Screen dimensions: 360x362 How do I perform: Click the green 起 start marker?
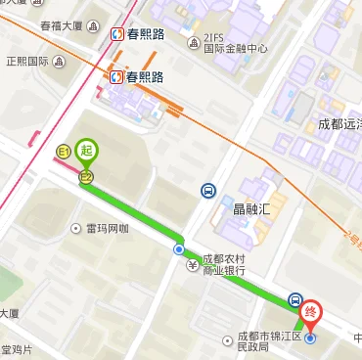[88, 151]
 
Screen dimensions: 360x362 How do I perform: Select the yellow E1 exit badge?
[65, 152]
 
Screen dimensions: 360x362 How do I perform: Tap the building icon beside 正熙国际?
[61, 61]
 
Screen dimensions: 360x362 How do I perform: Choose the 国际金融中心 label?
[235, 48]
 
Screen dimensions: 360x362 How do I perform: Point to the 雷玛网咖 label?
[108, 229]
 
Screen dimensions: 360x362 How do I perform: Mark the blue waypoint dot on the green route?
[179, 250]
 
